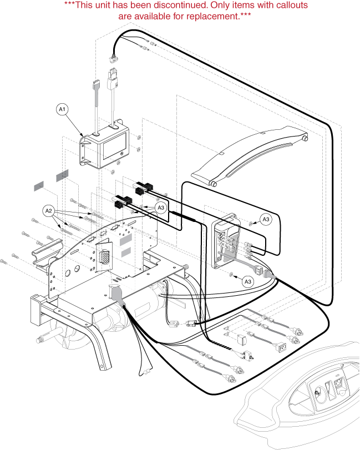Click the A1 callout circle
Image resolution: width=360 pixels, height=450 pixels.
[63, 110]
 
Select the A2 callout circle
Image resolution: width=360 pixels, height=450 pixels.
[49, 211]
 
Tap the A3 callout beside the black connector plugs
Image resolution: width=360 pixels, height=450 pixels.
[161, 208]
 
